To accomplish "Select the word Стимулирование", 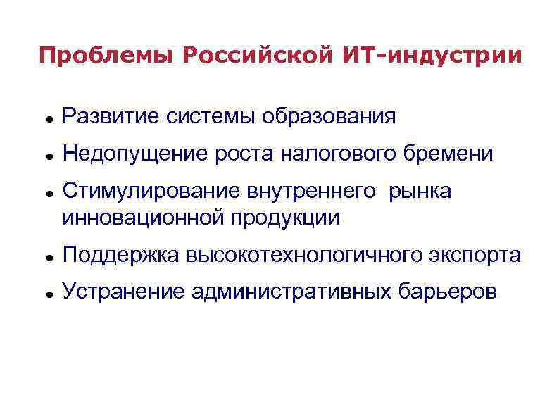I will (151, 192).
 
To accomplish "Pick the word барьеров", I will (447, 291).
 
